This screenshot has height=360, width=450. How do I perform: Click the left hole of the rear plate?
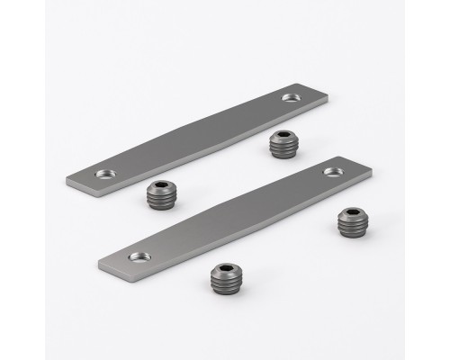(106, 173)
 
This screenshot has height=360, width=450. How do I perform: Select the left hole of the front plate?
(138, 256)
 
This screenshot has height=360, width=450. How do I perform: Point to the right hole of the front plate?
(333, 171)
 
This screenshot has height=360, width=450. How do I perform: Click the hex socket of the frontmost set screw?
(225, 272)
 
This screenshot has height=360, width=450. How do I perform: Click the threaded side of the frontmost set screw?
(225, 288)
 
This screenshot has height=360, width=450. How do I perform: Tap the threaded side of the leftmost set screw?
(161, 201)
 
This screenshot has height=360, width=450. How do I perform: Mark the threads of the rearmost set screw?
(282, 152)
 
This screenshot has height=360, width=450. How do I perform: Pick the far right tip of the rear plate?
(326, 93)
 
